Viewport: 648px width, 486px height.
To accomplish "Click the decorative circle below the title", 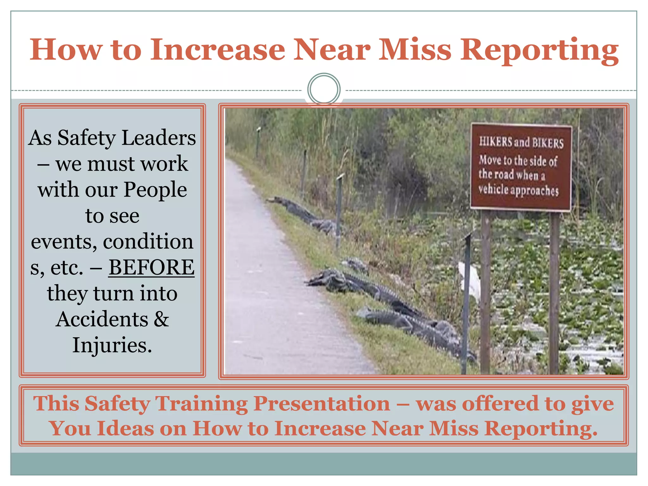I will (324, 89).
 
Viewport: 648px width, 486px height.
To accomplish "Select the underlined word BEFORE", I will (151, 267).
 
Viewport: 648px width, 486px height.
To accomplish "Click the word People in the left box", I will (155, 190).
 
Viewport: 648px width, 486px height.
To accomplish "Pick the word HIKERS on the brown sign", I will (495, 141).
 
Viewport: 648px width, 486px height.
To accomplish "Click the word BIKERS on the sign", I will (548, 143).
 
